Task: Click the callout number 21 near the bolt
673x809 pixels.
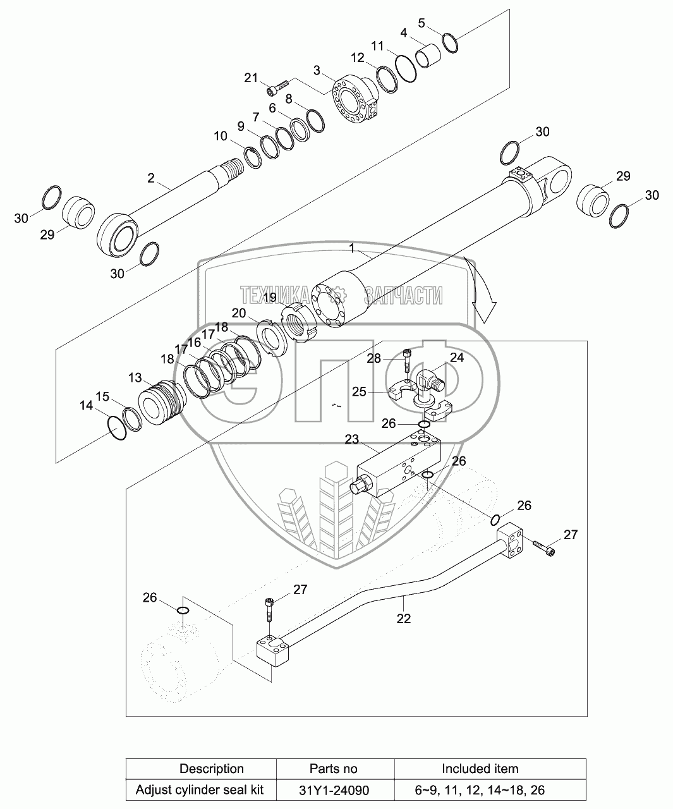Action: click(252, 78)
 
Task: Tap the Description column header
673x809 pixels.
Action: click(212, 769)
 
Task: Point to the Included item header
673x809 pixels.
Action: click(480, 769)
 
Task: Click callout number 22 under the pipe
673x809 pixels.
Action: click(403, 619)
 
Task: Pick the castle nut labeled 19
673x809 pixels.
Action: click(296, 322)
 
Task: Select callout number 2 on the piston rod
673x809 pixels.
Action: click(151, 178)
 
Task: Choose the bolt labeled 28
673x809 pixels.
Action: click(406, 360)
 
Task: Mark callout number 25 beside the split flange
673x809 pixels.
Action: click(359, 392)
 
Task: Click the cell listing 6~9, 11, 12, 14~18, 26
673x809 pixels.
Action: click(480, 789)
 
